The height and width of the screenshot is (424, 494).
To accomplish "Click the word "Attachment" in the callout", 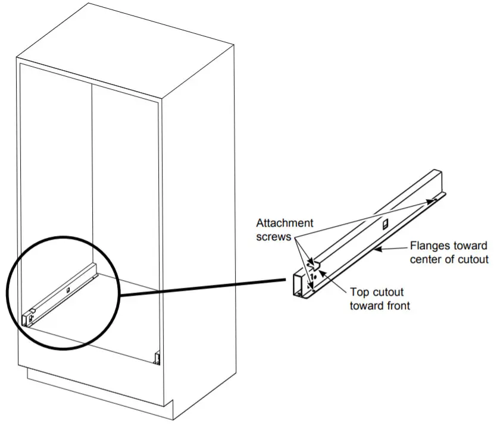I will point(284,223).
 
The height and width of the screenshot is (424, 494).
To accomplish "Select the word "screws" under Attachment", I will point(274,236).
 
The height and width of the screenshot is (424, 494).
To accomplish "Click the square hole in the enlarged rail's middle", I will point(384,223).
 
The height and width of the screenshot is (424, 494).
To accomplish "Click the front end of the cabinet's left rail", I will point(27,319).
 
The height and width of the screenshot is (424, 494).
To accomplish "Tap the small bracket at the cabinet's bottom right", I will point(158,358).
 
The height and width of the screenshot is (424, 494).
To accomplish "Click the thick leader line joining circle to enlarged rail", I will point(202,287).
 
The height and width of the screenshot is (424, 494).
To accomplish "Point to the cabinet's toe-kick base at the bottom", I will point(101,390).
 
